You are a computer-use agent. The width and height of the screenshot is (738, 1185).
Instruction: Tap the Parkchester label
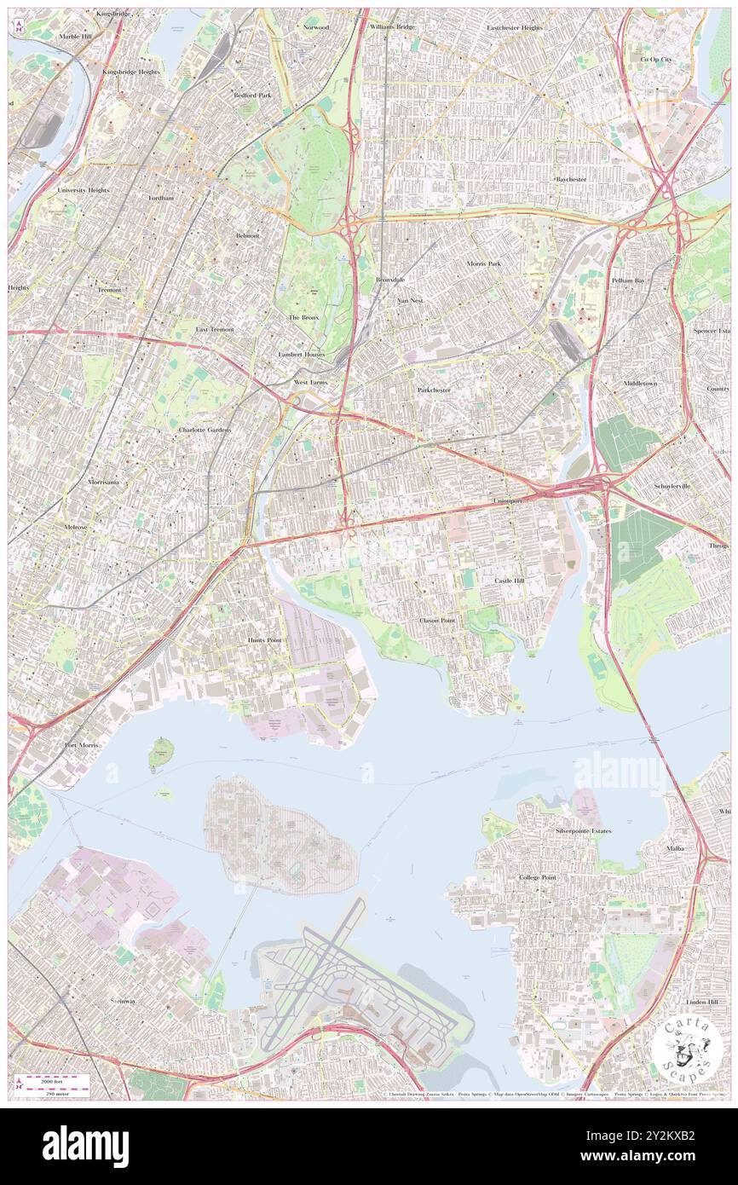tap(434, 390)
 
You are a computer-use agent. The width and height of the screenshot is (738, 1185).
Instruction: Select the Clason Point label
tap(437, 621)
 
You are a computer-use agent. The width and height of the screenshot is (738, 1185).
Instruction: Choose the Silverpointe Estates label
tap(584, 830)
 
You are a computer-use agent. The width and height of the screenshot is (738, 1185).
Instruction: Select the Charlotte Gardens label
tap(205, 430)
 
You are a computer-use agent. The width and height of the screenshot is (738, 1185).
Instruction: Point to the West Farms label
tap(310, 383)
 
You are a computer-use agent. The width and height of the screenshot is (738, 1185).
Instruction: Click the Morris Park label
tap(483, 264)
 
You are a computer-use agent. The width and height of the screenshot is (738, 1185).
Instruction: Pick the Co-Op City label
tap(656, 60)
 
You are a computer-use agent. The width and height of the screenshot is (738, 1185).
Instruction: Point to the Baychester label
tap(571, 180)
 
